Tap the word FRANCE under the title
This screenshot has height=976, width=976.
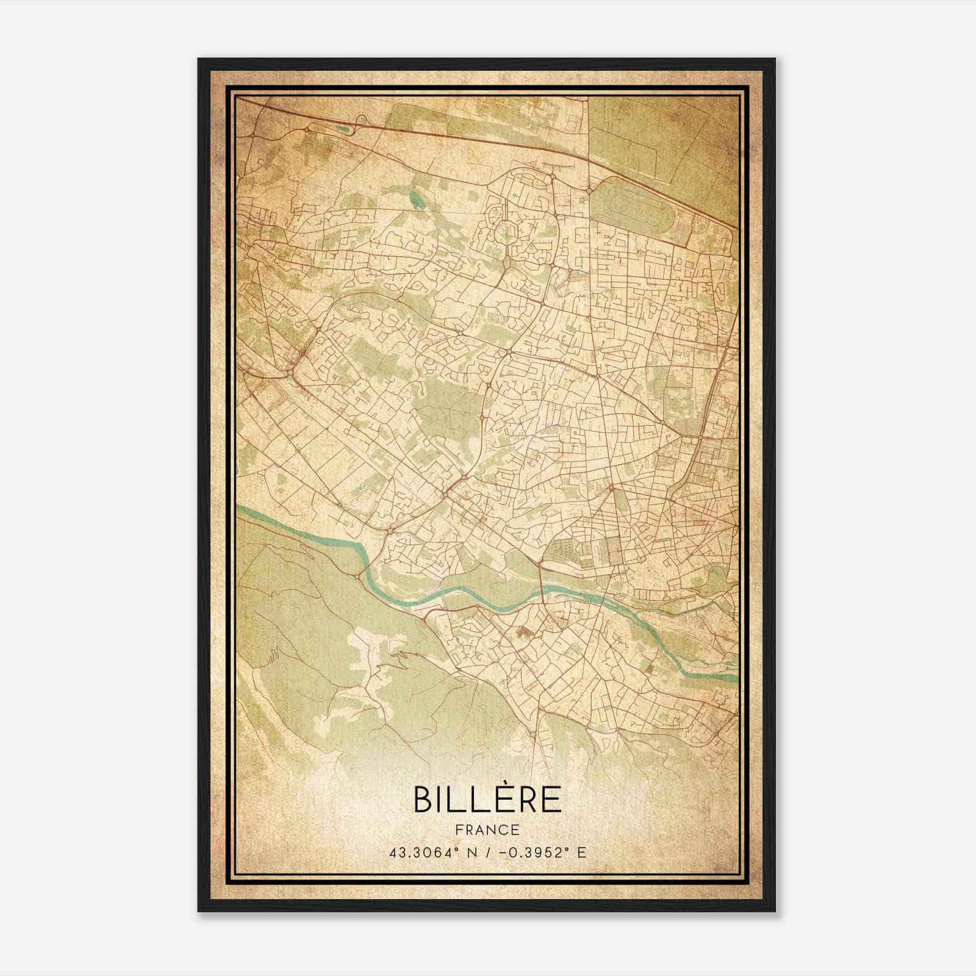pos(487,830)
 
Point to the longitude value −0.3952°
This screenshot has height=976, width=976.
pos(531,852)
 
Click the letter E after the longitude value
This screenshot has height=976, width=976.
pos(581,852)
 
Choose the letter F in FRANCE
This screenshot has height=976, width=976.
pos(457,830)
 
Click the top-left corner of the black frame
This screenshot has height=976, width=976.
pos(199,59)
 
